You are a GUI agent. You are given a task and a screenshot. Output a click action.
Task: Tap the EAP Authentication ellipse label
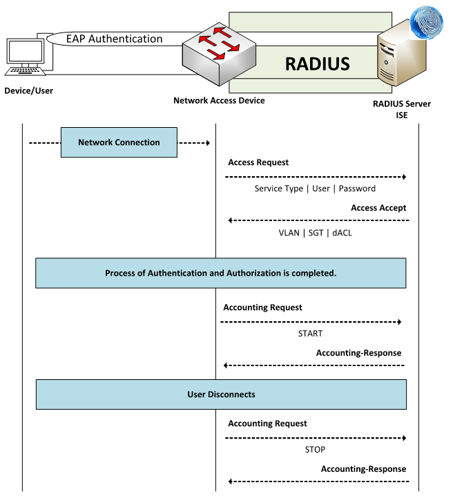pyautogui.click(x=115, y=39)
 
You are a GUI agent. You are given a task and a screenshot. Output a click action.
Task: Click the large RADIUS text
pyautogui.click(x=318, y=64)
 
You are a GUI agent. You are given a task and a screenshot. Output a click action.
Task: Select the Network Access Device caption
pyautogui.click(x=219, y=101)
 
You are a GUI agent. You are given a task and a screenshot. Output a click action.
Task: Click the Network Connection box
pyautogui.click(x=119, y=143)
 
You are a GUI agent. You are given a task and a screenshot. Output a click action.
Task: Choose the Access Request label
pyautogui.click(x=258, y=162)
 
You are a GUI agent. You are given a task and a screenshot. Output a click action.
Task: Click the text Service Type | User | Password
pyautogui.click(x=315, y=188)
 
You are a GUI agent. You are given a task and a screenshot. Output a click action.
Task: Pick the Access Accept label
pyautogui.click(x=378, y=207)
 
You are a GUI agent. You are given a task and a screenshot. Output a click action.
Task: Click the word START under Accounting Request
pyautogui.click(x=310, y=333)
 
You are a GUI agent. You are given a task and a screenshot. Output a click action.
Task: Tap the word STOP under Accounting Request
pyautogui.click(x=314, y=449)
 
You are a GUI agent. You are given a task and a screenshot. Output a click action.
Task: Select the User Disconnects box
pyautogui.click(x=221, y=394)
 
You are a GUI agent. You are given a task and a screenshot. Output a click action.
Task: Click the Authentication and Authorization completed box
pyautogui.click(x=221, y=273)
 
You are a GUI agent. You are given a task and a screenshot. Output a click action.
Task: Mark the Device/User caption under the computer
pyautogui.click(x=28, y=90)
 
